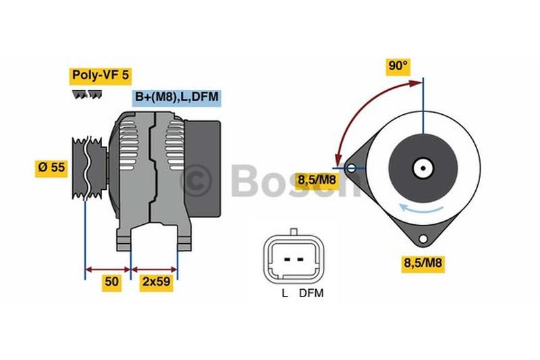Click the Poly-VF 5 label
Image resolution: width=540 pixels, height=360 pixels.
(100, 76)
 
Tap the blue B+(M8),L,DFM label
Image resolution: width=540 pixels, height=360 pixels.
(177, 97)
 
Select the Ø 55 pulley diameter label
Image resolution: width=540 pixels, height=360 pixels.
(51, 168)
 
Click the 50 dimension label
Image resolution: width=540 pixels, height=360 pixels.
(111, 282)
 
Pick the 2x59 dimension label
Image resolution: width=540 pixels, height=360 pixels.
(157, 282)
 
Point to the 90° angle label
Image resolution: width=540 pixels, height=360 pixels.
(398, 66)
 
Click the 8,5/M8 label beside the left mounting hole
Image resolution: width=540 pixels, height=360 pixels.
(317, 180)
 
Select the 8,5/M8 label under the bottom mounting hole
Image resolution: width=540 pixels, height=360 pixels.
(423, 263)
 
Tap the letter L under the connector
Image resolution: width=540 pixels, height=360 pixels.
(285, 294)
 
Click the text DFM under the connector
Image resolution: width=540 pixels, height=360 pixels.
(311, 294)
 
